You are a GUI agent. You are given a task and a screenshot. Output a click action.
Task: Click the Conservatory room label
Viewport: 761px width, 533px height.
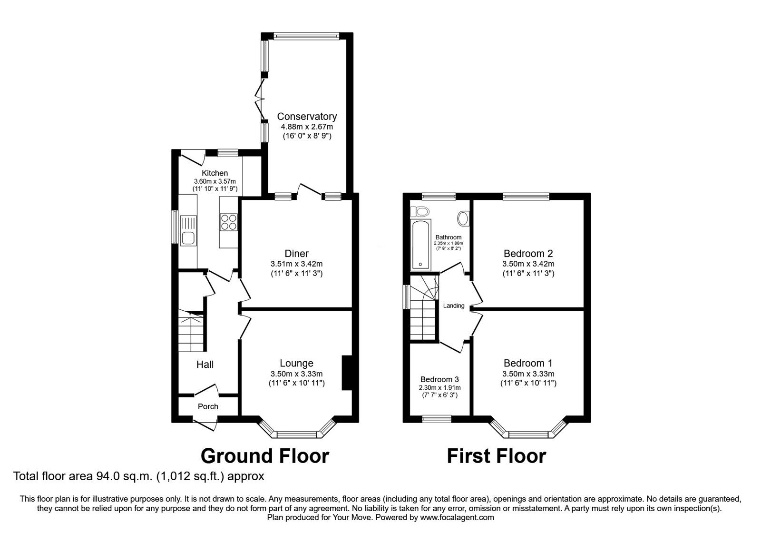(307, 116)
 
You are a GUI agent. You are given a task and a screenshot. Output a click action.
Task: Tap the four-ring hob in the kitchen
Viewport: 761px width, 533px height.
(228, 223)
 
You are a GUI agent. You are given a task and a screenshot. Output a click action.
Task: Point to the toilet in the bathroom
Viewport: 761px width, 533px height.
(420, 211)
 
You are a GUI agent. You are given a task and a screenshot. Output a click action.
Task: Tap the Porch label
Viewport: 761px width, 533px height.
(208, 406)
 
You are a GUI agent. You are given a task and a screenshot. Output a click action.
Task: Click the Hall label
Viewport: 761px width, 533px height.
(205, 365)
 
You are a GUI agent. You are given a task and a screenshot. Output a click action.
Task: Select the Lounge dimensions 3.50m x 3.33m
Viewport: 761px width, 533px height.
(296, 374)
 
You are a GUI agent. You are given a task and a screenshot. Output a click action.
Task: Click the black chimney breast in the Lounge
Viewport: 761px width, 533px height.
(346, 373)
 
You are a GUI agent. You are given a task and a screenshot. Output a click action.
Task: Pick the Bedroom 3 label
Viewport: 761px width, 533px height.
(439, 379)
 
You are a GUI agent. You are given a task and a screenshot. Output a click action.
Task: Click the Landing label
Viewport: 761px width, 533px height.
(453, 306)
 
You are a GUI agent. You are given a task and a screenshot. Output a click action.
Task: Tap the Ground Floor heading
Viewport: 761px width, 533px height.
(264, 456)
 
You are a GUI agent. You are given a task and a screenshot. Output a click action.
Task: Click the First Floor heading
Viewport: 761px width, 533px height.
(496, 456)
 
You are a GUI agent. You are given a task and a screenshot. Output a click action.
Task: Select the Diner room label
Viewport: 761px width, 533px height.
(296, 254)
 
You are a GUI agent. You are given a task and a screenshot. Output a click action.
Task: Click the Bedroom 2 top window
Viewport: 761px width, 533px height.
(527, 196)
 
